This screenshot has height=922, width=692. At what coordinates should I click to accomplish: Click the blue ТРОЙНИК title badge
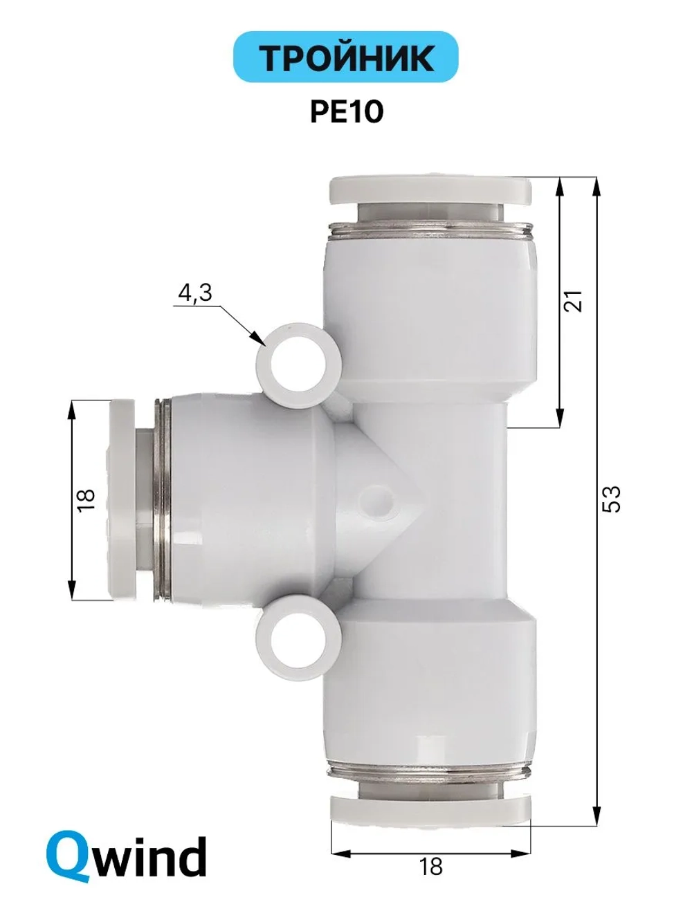point(345,57)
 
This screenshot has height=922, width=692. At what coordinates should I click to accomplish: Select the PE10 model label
point(347,112)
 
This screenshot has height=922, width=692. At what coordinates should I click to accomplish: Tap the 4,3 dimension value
point(195,293)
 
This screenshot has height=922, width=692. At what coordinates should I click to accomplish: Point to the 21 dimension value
point(574,300)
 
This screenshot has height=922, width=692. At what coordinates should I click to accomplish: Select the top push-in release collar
point(430,191)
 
